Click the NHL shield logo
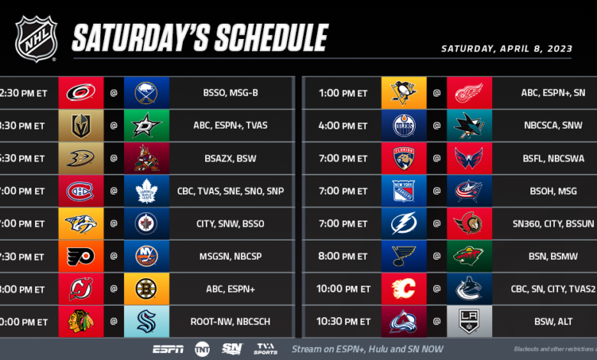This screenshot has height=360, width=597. click(36, 38)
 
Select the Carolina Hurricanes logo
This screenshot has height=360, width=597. click(80, 93)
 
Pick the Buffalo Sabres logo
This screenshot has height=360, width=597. click(147, 93)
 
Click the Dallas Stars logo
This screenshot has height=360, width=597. click(147, 126)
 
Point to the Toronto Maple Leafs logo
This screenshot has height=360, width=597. click(147, 191)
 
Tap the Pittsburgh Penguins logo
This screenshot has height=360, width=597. click(403, 93)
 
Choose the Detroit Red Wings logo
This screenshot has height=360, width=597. click(470, 93)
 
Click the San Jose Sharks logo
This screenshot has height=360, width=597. click(470, 126)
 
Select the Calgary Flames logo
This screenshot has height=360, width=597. click(403, 290)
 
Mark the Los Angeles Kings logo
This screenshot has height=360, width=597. click(470, 322)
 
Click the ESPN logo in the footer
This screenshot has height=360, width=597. click(168, 349)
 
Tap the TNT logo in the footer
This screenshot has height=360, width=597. click(202, 349)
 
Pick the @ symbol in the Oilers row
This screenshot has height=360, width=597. click(437, 126)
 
